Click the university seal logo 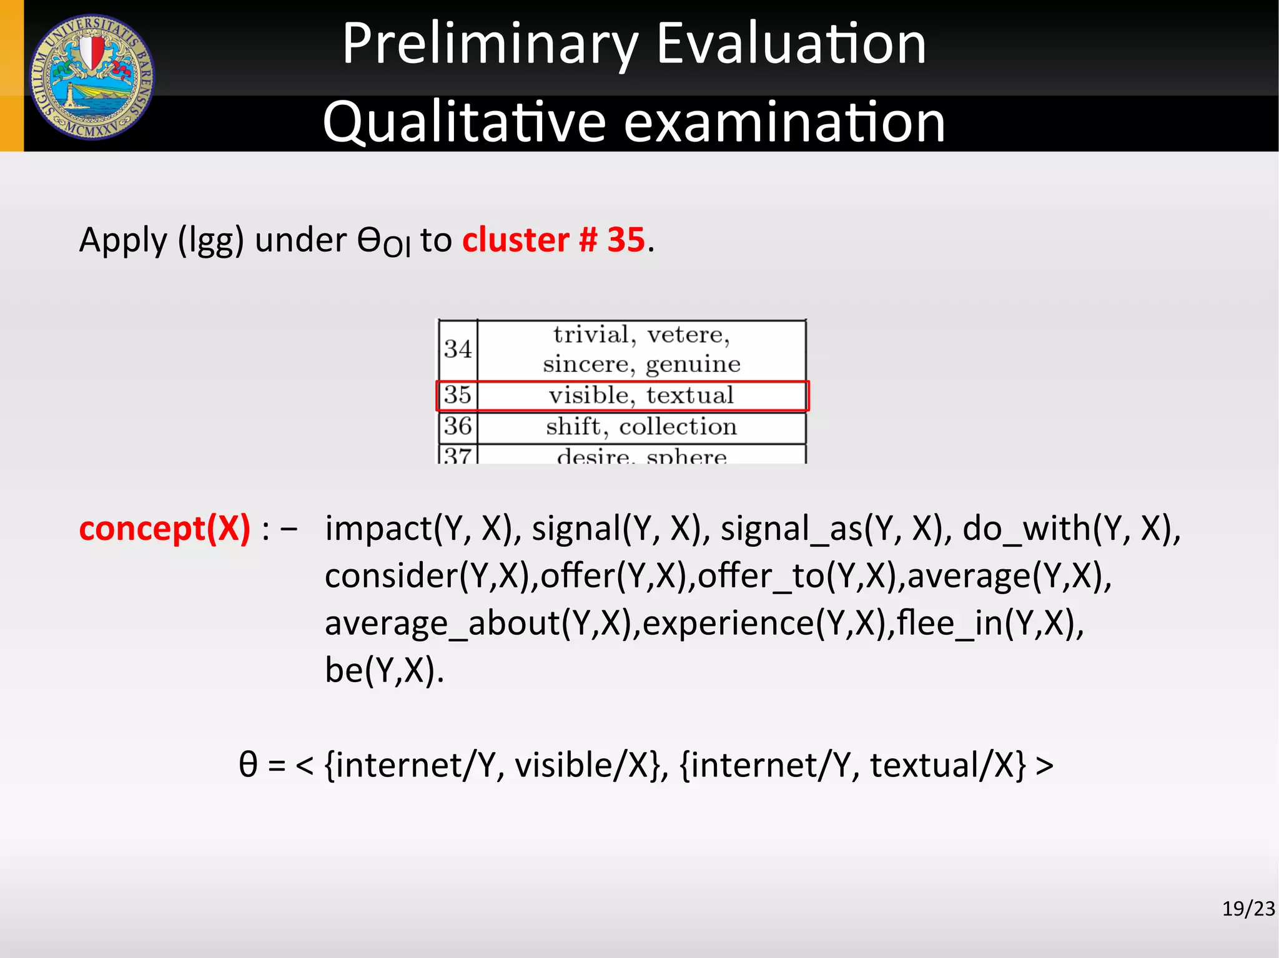point(92,77)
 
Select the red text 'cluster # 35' point(553,240)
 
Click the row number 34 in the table point(458,348)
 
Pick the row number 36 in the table point(458,426)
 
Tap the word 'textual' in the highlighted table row point(689,395)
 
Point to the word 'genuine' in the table point(693,364)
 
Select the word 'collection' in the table point(678,426)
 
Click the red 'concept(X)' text point(164,529)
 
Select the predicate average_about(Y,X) point(481,623)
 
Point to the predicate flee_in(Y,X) point(990,623)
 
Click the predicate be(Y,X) point(383,670)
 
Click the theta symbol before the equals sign point(248,765)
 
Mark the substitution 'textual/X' point(947,765)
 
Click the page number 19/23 point(1248,909)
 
